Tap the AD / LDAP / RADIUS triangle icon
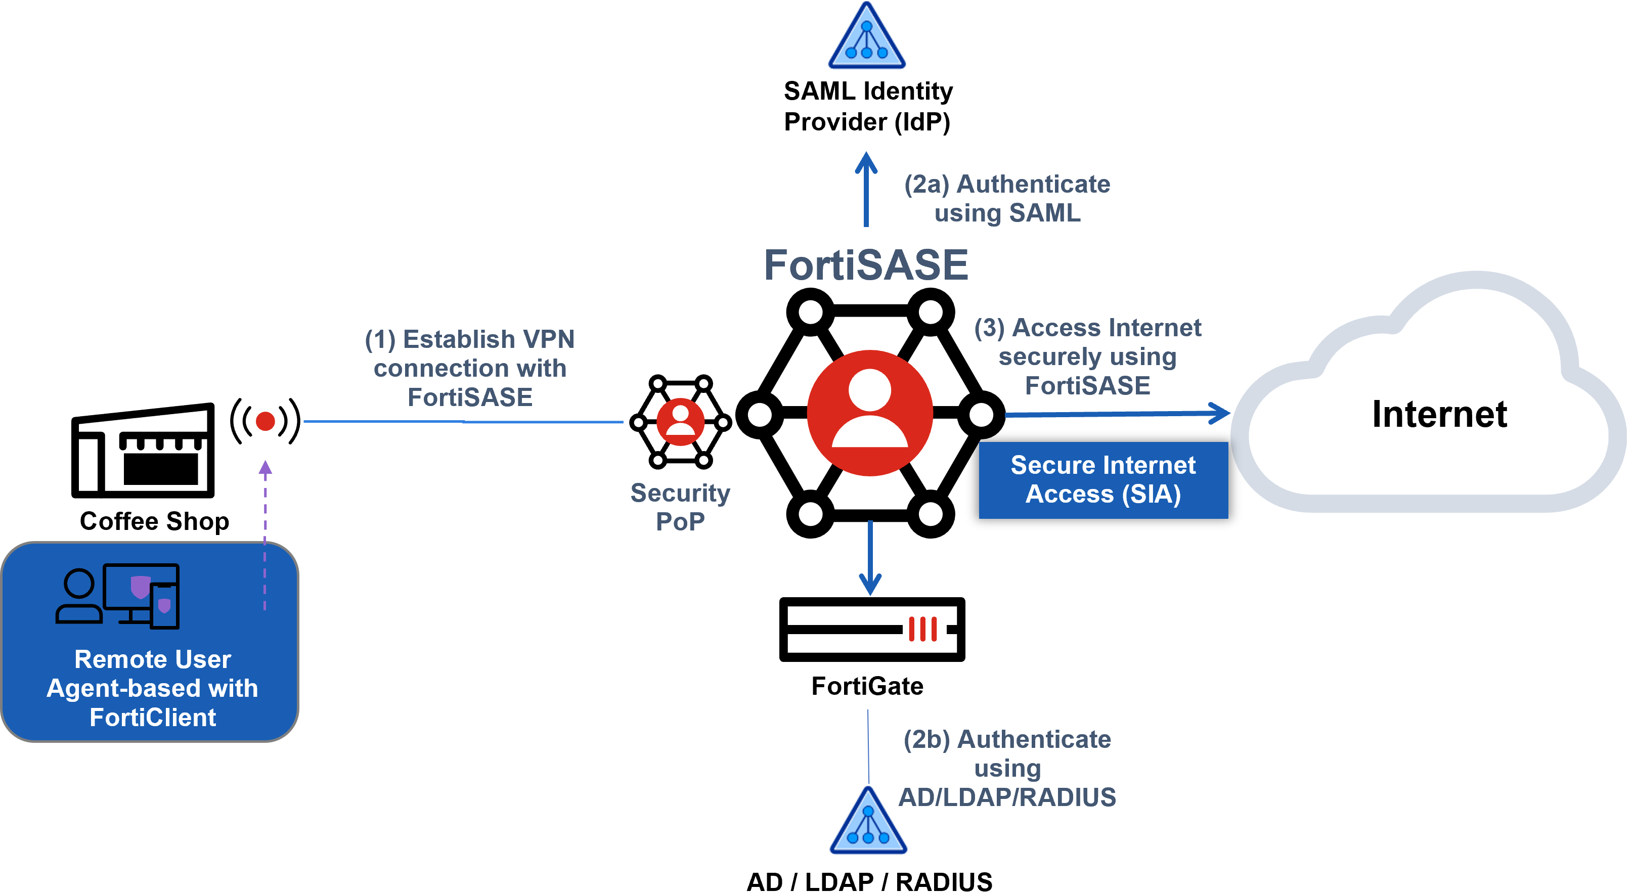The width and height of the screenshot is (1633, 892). [x=868, y=821]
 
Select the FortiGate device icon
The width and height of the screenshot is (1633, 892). [x=872, y=629]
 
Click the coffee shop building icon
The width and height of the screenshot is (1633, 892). [x=143, y=451]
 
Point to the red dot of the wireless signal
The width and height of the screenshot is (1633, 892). [x=265, y=421]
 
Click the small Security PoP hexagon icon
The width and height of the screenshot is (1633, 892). [x=681, y=422]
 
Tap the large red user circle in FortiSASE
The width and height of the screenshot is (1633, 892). [x=870, y=413]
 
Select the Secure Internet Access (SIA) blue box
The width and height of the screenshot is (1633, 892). [x=1103, y=480]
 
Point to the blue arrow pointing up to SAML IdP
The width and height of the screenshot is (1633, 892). [x=866, y=189]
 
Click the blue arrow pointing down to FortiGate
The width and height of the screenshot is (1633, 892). [x=870, y=558]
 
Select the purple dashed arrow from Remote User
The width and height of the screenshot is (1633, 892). [x=265, y=536]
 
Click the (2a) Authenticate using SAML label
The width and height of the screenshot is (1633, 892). [x=1007, y=198]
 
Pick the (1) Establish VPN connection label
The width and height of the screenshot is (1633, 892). [x=470, y=368]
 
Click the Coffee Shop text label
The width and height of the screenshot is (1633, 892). [x=155, y=521]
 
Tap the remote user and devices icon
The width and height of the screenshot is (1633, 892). [x=118, y=596]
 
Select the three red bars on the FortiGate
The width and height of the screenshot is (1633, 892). [x=923, y=629]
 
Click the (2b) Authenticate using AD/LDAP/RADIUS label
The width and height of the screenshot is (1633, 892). [x=1007, y=768]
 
